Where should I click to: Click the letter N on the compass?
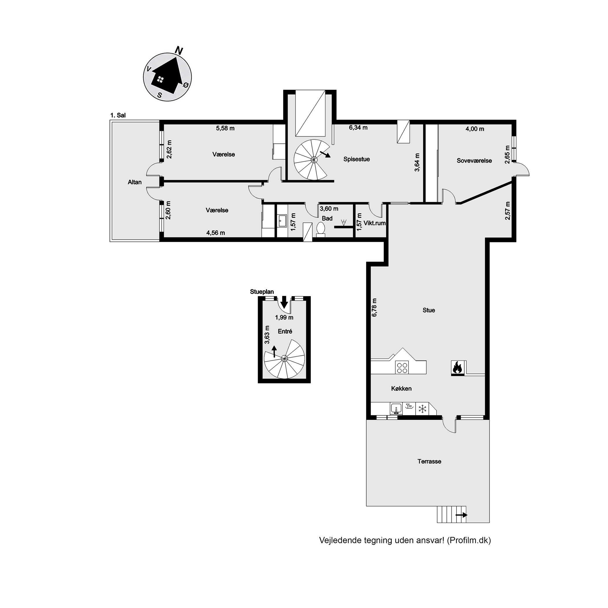[x=179, y=50]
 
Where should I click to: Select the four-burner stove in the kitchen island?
[x=402, y=368]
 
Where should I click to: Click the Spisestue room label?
[x=357, y=159]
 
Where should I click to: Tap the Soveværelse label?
[x=474, y=161]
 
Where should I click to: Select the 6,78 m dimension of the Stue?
[x=374, y=307]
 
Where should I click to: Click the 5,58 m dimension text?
[x=225, y=128]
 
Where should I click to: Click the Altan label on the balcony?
[x=135, y=182]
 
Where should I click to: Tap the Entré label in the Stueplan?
[x=285, y=332]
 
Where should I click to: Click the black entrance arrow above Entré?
[x=284, y=302]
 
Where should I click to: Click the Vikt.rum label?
[x=374, y=223]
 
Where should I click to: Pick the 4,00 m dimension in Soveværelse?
[x=475, y=129]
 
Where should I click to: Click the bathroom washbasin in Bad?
[x=281, y=221]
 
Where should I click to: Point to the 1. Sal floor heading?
[x=118, y=115]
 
